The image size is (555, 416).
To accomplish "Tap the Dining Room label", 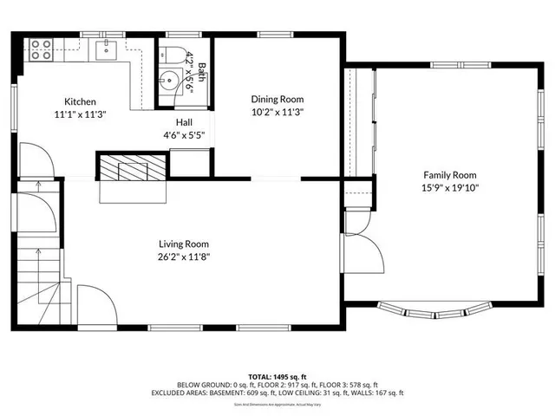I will [277, 99].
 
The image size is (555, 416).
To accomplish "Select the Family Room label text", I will [450, 174].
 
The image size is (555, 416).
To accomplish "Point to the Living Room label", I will [183, 244].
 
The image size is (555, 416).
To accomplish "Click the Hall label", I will [184, 122].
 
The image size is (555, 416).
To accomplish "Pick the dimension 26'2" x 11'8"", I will [183, 256].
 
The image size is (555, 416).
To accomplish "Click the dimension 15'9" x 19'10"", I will [450, 186].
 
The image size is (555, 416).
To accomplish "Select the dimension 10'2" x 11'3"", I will [277, 111].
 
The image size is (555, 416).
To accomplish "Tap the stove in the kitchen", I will [41, 49].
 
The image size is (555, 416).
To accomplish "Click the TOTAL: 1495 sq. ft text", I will [277, 376].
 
